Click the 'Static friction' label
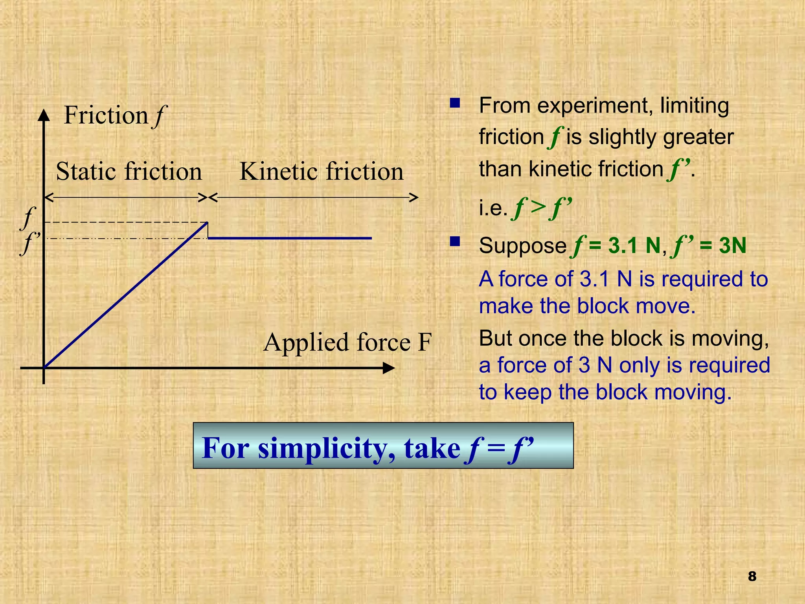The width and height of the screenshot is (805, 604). point(129,171)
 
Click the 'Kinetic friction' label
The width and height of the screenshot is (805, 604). point(322,171)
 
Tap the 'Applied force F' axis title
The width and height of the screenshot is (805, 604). point(347,342)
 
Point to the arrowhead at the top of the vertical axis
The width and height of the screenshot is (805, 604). point(44,114)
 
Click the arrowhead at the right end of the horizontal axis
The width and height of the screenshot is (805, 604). point(389,368)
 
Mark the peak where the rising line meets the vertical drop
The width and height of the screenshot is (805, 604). point(208,223)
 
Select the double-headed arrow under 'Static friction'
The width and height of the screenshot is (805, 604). point(125,197)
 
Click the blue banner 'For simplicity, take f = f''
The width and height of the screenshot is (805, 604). point(383,446)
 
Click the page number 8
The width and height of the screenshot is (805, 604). point(752,576)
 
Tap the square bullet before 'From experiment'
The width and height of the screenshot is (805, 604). point(455,103)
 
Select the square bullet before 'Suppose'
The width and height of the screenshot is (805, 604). point(455,241)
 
